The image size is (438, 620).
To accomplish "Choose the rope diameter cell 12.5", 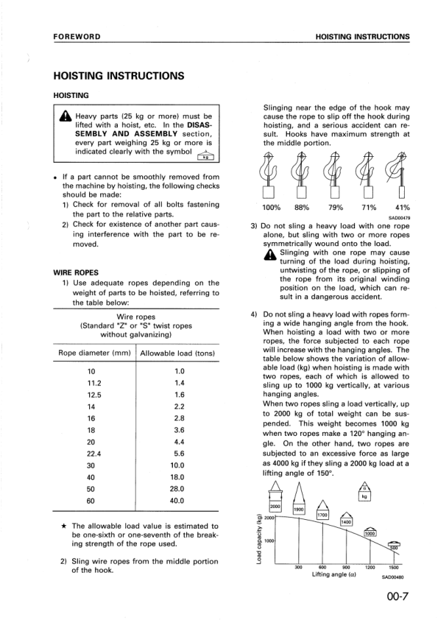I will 93,395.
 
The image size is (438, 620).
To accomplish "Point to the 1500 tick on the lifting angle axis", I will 394,567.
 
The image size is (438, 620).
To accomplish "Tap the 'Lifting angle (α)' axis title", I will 333,574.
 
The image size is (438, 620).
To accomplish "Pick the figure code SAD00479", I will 398,217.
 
